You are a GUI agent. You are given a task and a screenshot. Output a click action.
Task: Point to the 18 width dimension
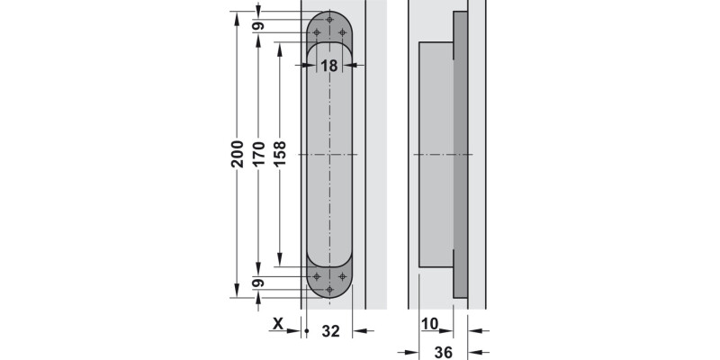click(x=328, y=66)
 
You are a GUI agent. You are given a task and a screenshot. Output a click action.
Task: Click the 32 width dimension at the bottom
click(x=330, y=331)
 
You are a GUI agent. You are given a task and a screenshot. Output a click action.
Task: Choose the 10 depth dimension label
click(x=429, y=324)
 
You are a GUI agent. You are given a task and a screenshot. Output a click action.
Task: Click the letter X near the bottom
click(x=278, y=324)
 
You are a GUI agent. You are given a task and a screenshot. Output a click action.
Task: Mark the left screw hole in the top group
click(x=317, y=34)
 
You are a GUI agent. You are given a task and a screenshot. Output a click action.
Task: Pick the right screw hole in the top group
click(x=342, y=34)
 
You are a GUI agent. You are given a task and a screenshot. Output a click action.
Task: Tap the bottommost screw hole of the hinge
click(x=329, y=290)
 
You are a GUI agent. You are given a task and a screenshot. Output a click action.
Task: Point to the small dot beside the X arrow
click(x=307, y=332)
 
